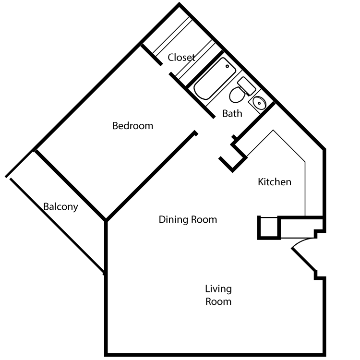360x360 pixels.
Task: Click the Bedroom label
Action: coord(132,126)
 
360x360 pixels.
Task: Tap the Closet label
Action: coord(181,58)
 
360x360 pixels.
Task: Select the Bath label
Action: coord(232,113)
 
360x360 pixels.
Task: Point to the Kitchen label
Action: coord(275,182)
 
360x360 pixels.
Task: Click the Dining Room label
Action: coord(188,219)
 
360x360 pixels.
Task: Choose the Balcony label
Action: coord(60,207)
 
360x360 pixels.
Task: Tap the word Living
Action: coord(218,289)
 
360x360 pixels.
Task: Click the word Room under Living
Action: coord(218,302)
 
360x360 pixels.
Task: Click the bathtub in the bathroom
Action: coord(215,79)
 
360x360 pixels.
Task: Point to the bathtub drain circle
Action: coord(228,66)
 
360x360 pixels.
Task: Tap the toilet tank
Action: coord(247,86)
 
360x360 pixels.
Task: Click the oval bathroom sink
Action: coord(259,103)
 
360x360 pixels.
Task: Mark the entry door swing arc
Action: coord(302,241)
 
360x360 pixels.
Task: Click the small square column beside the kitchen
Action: coord(269,228)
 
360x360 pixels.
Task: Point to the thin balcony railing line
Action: coord(57,226)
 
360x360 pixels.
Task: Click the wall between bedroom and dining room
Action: coord(151,176)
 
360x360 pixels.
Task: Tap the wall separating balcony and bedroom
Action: coord(70,185)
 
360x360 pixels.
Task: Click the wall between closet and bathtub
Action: coord(205,68)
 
